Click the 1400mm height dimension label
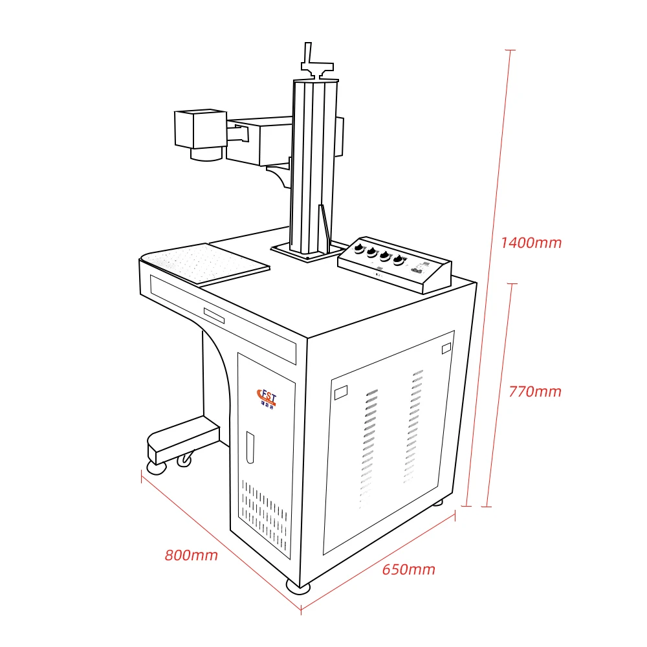click(x=531, y=243)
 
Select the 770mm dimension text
click(x=535, y=391)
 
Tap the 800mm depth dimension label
click(x=191, y=555)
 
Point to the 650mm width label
click(x=408, y=570)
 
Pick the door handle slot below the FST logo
click(x=250, y=447)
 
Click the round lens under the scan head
click(x=206, y=153)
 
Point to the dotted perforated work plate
click(x=206, y=263)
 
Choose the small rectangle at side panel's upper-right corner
click(x=445, y=349)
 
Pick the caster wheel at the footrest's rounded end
click(x=156, y=466)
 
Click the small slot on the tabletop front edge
click(x=214, y=315)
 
